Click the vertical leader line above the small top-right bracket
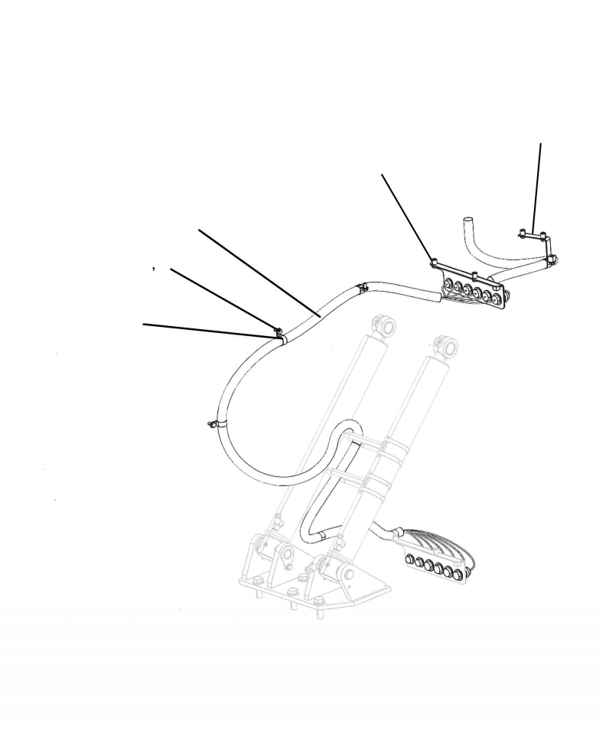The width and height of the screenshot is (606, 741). coord(537,184)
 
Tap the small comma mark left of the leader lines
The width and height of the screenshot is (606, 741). coord(155,269)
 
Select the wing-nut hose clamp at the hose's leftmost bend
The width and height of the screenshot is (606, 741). coord(213,422)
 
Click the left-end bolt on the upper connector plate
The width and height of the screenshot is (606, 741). coord(433,263)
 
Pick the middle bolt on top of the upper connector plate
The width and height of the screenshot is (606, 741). coord(474,275)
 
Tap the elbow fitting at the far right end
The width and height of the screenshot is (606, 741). coord(552,260)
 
